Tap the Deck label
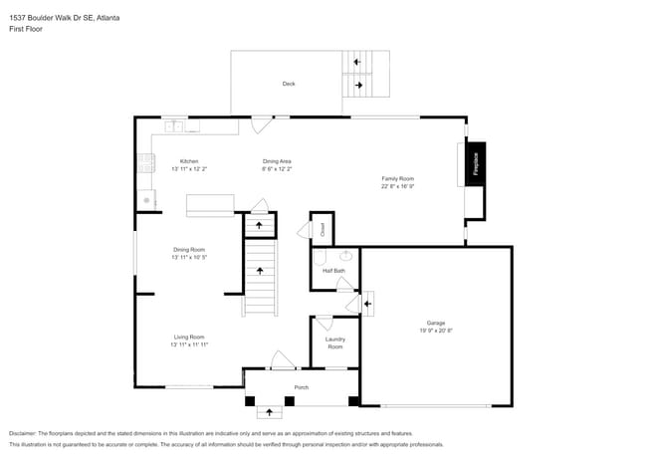(x=289, y=84)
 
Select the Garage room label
(x=435, y=323)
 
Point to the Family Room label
(x=397, y=178)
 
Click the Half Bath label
(x=333, y=270)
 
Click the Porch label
(x=301, y=387)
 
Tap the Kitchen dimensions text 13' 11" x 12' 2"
(x=189, y=169)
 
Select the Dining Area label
(x=277, y=161)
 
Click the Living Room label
(x=189, y=337)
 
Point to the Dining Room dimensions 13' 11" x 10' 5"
(x=189, y=257)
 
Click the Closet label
(x=323, y=228)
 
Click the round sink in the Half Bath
(x=346, y=256)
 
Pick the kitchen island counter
(x=210, y=204)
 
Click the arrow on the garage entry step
(x=368, y=302)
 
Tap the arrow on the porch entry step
(x=268, y=411)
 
